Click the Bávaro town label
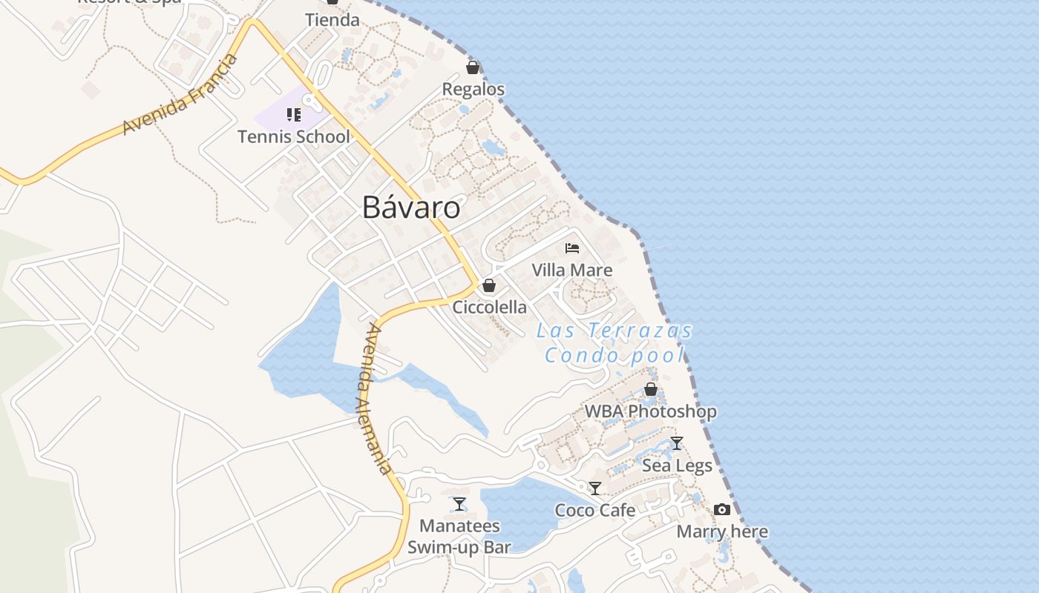point(411,208)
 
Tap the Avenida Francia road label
point(180,95)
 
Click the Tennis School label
point(294,136)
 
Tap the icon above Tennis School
point(294,115)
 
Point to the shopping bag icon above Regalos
point(473,67)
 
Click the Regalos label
point(473,90)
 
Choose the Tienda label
point(332,20)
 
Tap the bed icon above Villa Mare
point(572,248)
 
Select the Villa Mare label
point(572,270)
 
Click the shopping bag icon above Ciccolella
point(489,285)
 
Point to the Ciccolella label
point(490,307)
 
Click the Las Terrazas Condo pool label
point(614,342)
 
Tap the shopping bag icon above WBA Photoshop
point(651,389)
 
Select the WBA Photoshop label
point(651,411)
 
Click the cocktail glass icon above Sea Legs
point(677,443)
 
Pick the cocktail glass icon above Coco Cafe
point(595,488)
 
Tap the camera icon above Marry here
point(722,509)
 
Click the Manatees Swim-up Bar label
point(459,537)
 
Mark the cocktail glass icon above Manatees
point(459,504)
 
